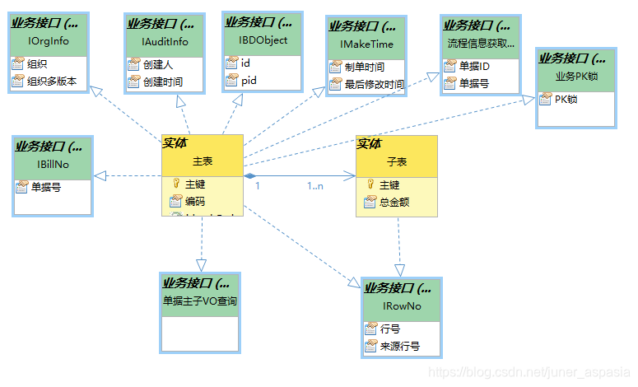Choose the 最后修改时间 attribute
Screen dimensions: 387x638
374,84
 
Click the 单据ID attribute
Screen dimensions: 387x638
474,65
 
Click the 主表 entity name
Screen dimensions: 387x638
203,161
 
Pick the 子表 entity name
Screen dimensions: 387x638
397,162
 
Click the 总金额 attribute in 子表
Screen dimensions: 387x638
394,202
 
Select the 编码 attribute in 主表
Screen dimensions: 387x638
194,202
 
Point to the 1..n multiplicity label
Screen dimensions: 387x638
315,186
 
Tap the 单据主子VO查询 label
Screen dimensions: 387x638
200,301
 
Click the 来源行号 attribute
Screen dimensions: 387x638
399,347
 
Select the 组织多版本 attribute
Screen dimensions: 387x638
52,81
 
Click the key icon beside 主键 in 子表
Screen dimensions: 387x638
370,184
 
